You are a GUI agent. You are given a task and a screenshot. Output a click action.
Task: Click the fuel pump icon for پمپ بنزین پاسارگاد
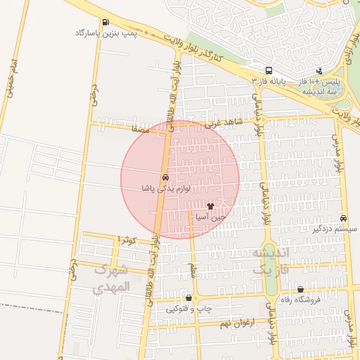pyautogui.click(x=105, y=22)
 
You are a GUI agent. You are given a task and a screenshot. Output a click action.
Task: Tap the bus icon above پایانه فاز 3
pyautogui.click(x=269, y=71)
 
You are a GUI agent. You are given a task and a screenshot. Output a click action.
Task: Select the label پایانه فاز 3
pyautogui.click(x=269, y=82)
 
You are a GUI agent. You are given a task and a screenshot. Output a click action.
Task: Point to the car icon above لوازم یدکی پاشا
pyautogui.click(x=165, y=178)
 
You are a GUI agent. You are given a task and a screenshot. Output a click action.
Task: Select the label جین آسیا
pyautogui.click(x=210, y=217)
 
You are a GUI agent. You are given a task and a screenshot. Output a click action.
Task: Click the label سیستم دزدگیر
pyautogui.click(x=335, y=229)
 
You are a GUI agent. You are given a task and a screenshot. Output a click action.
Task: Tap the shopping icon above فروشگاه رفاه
pyautogui.click(x=301, y=288)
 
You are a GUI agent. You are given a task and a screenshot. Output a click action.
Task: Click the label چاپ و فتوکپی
pyautogui.click(x=188, y=309)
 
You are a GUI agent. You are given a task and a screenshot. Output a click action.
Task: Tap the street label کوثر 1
pyautogui.click(x=127, y=241)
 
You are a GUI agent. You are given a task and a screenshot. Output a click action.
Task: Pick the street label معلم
pyautogui.click(x=191, y=270)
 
